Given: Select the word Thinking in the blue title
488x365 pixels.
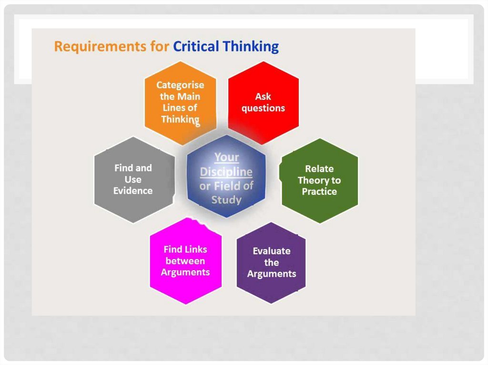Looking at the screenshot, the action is [x=251, y=47].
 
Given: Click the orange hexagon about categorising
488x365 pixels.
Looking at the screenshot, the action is [x=180, y=102].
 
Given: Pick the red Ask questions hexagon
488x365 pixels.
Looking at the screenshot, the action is [x=263, y=103].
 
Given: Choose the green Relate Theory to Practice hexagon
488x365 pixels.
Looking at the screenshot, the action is [x=319, y=180].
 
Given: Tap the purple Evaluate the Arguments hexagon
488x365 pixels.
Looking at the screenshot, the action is [x=271, y=263].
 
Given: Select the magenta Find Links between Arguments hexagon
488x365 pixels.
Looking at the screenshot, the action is [x=185, y=261].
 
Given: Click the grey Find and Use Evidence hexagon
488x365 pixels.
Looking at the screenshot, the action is [x=133, y=179].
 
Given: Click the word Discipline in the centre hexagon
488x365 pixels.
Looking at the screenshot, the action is [x=226, y=172].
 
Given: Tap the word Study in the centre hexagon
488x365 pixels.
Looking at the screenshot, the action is [x=226, y=199].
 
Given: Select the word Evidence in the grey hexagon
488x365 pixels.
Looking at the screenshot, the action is [x=133, y=191].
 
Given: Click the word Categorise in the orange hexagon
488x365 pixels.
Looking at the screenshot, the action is [x=180, y=85].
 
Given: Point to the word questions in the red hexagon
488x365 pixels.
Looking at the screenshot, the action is [x=263, y=109].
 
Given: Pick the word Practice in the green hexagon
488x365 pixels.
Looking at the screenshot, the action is [x=319, y=192].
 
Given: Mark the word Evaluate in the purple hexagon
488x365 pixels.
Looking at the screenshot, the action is [x=271, y=251].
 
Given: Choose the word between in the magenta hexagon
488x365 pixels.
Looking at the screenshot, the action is [x=185, y=261].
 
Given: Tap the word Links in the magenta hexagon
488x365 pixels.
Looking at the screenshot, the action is [x=196, y=249].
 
